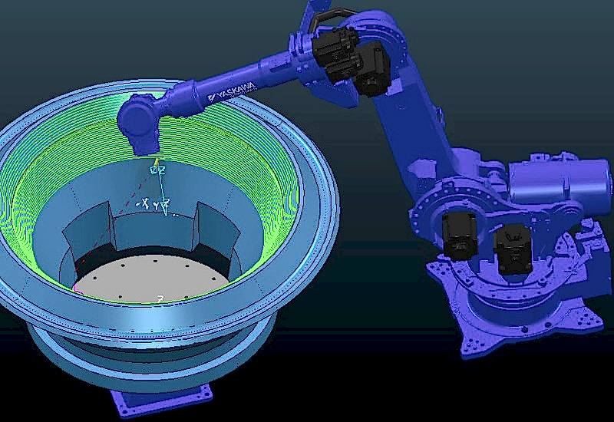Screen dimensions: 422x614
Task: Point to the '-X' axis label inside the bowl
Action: [x=141, y=205]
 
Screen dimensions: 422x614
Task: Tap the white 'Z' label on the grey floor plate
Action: [x=160, y=298]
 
